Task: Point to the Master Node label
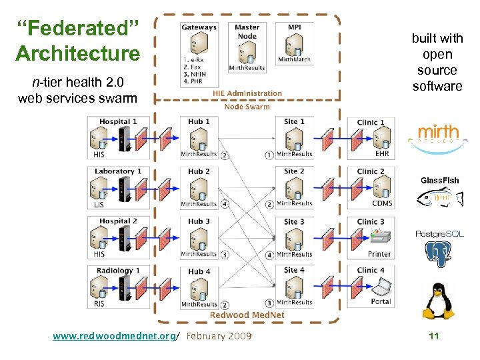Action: [247, 31]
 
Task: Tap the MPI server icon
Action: [293, 46]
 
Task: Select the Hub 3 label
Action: [199, 221]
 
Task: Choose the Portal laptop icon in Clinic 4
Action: [381, 286]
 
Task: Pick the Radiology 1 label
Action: [118, 271]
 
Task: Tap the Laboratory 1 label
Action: [118, 171]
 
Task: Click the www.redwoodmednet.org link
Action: [114, 336]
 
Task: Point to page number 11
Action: [434, 336]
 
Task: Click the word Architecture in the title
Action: [78, 53]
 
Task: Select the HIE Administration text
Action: [247, 93]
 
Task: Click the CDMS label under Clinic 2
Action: [382, 203]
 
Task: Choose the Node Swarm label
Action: [247, 107]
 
